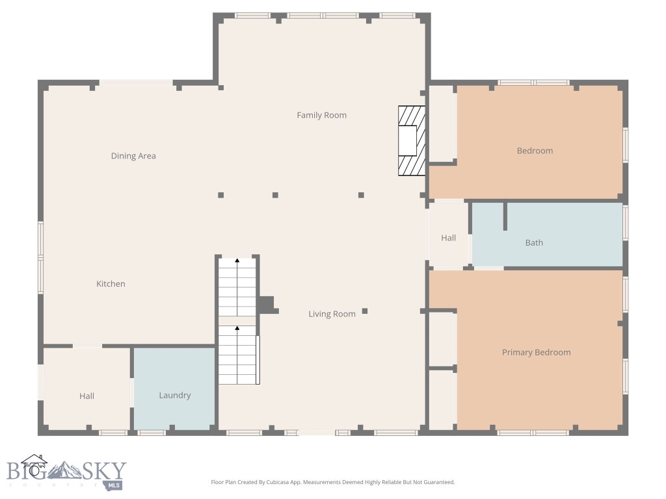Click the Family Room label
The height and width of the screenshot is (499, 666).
(321, 115)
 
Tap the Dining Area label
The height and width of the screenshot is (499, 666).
(133, 156)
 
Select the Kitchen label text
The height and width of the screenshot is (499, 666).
(111, 284)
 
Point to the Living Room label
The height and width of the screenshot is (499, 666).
(332, 314)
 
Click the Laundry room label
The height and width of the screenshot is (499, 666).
(175, 395)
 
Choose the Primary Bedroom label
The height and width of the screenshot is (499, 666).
(536, 352)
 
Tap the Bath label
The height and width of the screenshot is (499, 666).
(534, 242)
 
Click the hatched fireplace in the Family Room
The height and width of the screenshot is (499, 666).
(412, 140)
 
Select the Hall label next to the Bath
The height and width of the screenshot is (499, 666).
(448, 238)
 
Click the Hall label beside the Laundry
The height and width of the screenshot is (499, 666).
(87, 396)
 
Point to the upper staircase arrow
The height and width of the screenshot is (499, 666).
(237, 261)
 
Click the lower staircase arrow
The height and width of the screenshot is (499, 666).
(237, 329)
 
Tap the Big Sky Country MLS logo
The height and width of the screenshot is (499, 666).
(65, 473)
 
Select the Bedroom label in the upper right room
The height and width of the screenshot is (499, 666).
(535, 151)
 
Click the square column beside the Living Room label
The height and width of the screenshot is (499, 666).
(365, 311)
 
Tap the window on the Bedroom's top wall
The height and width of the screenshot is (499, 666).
(533, 83)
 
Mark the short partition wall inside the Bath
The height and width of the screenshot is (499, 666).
(505, 216)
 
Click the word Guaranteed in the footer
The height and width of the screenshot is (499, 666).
(439, 482)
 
